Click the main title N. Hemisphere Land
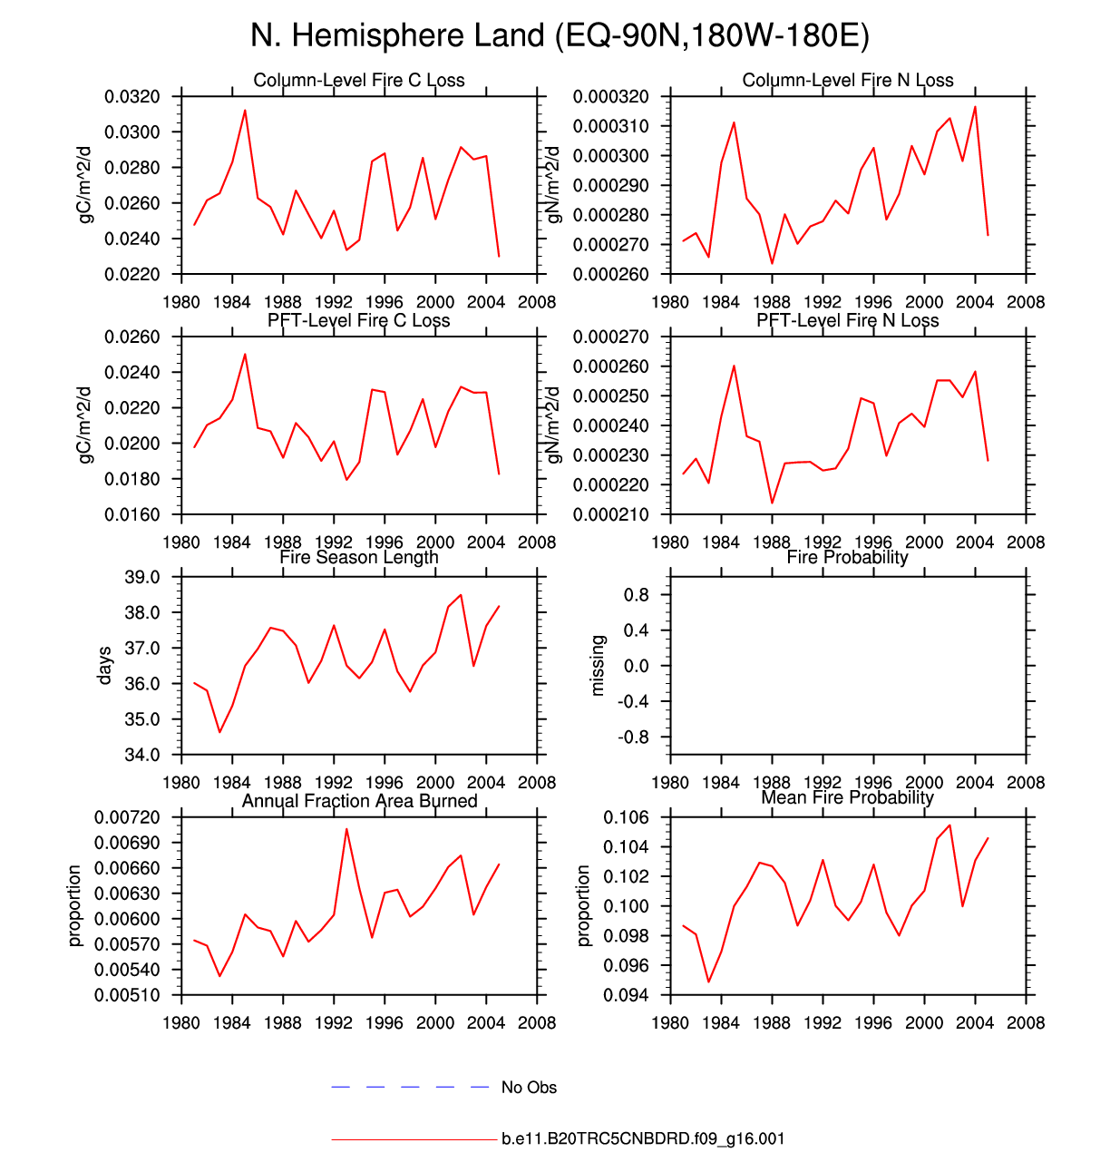coord(560,36)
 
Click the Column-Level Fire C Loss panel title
coord(359,80)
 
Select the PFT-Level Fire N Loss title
coord(848,320)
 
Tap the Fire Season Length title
coord(359,557)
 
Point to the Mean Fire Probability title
coord(848,797)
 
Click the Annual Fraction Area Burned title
coord(359,801)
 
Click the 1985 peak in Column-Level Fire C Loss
coord(245,111)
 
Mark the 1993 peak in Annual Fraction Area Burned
coord(346,828)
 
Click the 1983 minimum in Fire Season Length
coord(219,732)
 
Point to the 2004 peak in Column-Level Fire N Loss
coord(975,107)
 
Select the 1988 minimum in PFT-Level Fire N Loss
coord(772,503)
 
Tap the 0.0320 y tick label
coord(132,96)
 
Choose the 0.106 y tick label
coord(627,817)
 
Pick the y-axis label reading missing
coord(597,666)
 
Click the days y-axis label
coord(105,666)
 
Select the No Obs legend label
coord(529,1088)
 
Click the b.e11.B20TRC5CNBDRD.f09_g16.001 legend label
coord(643,1138)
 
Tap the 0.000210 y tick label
coord(616,514)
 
